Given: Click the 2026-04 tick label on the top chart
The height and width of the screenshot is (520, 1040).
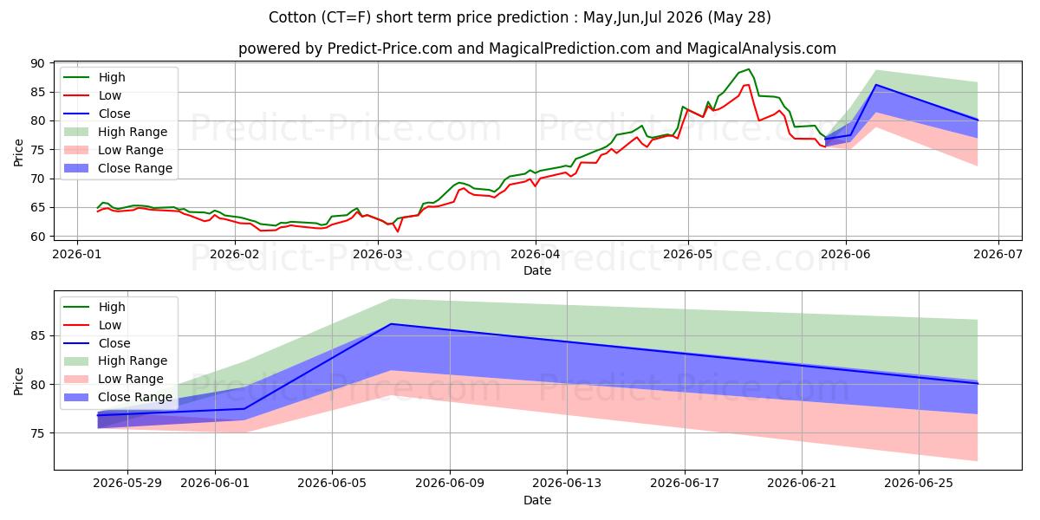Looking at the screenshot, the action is pyautogui.click(x=536, y=254).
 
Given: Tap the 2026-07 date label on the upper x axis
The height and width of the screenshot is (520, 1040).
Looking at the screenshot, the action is pyautogui.click(x=998, y=254).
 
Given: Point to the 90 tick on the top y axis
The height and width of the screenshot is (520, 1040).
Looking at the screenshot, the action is pyautogui.click(x=38, y=63).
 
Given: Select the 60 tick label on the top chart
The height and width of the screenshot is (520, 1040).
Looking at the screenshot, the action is pyautogui.click(x=38, y=237).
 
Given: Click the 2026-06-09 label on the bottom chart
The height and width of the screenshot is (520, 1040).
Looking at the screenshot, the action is pyautogui.click(x=450, y=484).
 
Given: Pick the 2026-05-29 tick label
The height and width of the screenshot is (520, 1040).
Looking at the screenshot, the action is pyautogui.click(x=127, y=484).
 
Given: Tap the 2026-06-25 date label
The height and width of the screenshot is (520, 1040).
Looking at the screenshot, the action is pyautogui.click(x=919, y=484).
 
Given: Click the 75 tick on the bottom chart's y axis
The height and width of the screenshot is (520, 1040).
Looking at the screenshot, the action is pyautogui.click(x=38, y=433).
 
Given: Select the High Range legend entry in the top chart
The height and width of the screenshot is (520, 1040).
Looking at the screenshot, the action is pyautogui.click(x=115, y=132).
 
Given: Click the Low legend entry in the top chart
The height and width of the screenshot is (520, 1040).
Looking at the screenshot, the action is pyautogui.click(x=93, y=95).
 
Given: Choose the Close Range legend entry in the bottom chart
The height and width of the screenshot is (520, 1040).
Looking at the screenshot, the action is pyautogui.click(x=118, y=397).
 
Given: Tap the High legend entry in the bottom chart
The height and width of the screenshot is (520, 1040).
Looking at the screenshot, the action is pyautogui.click(x=94, y=307).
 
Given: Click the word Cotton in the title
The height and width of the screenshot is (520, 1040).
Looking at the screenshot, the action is pyautogui.click(x=293, y=17).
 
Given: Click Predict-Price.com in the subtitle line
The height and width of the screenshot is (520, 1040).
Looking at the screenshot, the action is pyautogui.click(x=389, y=49).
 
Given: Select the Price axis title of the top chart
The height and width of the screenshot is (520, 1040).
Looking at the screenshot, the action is pyautogui.click(x=18, y=153).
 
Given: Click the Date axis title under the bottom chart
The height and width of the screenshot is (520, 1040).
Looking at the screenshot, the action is pyautogui.click(x=537, y=500).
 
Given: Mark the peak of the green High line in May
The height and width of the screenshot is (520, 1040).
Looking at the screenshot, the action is pyautogui.click(x=748, y=69).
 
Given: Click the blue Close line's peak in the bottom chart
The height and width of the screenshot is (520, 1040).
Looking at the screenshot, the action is pyautogui.click(x=391, y=323).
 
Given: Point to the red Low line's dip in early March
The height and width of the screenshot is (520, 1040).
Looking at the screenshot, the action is pyautogui.click(x=397, y=231).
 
